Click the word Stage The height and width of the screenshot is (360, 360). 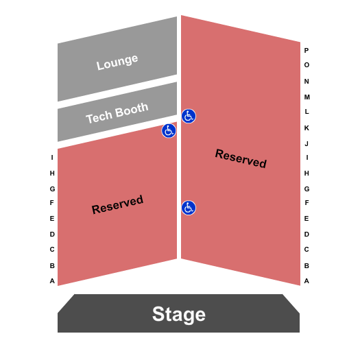[179, 314]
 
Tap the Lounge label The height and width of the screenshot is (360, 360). [117, 62]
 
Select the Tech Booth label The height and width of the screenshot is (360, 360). [117, 113]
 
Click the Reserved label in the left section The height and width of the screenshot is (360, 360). [117, 204]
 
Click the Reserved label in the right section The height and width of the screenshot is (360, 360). [241, 158]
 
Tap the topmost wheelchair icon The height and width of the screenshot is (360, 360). [189, 116]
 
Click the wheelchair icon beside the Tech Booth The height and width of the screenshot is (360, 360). [169, 130]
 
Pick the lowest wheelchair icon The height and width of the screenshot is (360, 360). [189, 207]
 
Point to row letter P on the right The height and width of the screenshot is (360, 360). [307, 50]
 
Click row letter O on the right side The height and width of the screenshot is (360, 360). [307, 65]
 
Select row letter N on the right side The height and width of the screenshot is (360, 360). [307, 81]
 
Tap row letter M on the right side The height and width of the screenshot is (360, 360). [307, 97]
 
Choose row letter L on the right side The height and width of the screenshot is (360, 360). [307, 111]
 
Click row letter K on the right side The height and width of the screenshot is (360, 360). [307, 128]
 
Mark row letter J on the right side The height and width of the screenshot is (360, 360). [307, 143]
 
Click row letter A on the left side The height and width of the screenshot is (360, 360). [52, 280]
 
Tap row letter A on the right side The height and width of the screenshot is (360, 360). [307, 280]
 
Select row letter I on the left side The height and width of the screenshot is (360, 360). [52, 158]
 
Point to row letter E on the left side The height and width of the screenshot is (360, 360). [52, 218]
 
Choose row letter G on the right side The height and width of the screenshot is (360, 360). [307, 189]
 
